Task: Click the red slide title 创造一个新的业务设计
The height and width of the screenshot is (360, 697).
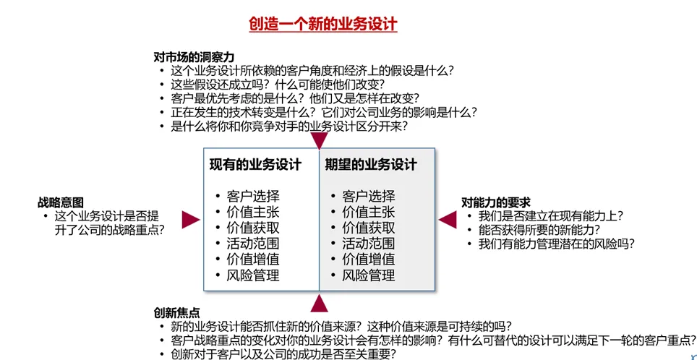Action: pyautogui.click(x=323, y=24)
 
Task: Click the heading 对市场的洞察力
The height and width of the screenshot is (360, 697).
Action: pyautogui.click(x=193, y=57)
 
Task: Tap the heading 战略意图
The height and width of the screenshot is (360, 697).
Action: pyautogui.click(x=61, y=202)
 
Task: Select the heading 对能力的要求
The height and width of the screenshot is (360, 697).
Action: pyautogui.click(x=496, y=202)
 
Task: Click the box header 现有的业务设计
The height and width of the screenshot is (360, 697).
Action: pyautogui.click(x=255, y=164)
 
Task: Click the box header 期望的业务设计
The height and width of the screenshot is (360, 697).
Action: pyautogui.click(x=371, y=164)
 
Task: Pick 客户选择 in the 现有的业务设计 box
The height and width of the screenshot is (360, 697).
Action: pyautogui.click(x=252, y=196)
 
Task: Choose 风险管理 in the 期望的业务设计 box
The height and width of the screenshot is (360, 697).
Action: pyautogui.click(x=368, y=275)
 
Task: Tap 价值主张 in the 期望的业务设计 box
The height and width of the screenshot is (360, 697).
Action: pyautogui.click(x=368, y=212)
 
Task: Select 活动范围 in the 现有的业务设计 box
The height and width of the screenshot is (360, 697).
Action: pyautogui.click(x=252, y=244)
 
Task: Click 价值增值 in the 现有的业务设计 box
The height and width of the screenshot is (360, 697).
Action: pyautogui.click(x=252, y=260)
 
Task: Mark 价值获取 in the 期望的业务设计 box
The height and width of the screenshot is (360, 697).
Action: pyautogui.click(x=368, y=228)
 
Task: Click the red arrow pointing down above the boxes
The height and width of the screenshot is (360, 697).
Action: pyautogui.click(x=319, y=140)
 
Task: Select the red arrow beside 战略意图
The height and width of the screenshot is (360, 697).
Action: pyautogui.click(x=190, y=220)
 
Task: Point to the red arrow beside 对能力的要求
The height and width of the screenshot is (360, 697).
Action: pyautogui.click(x=448, y=220)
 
